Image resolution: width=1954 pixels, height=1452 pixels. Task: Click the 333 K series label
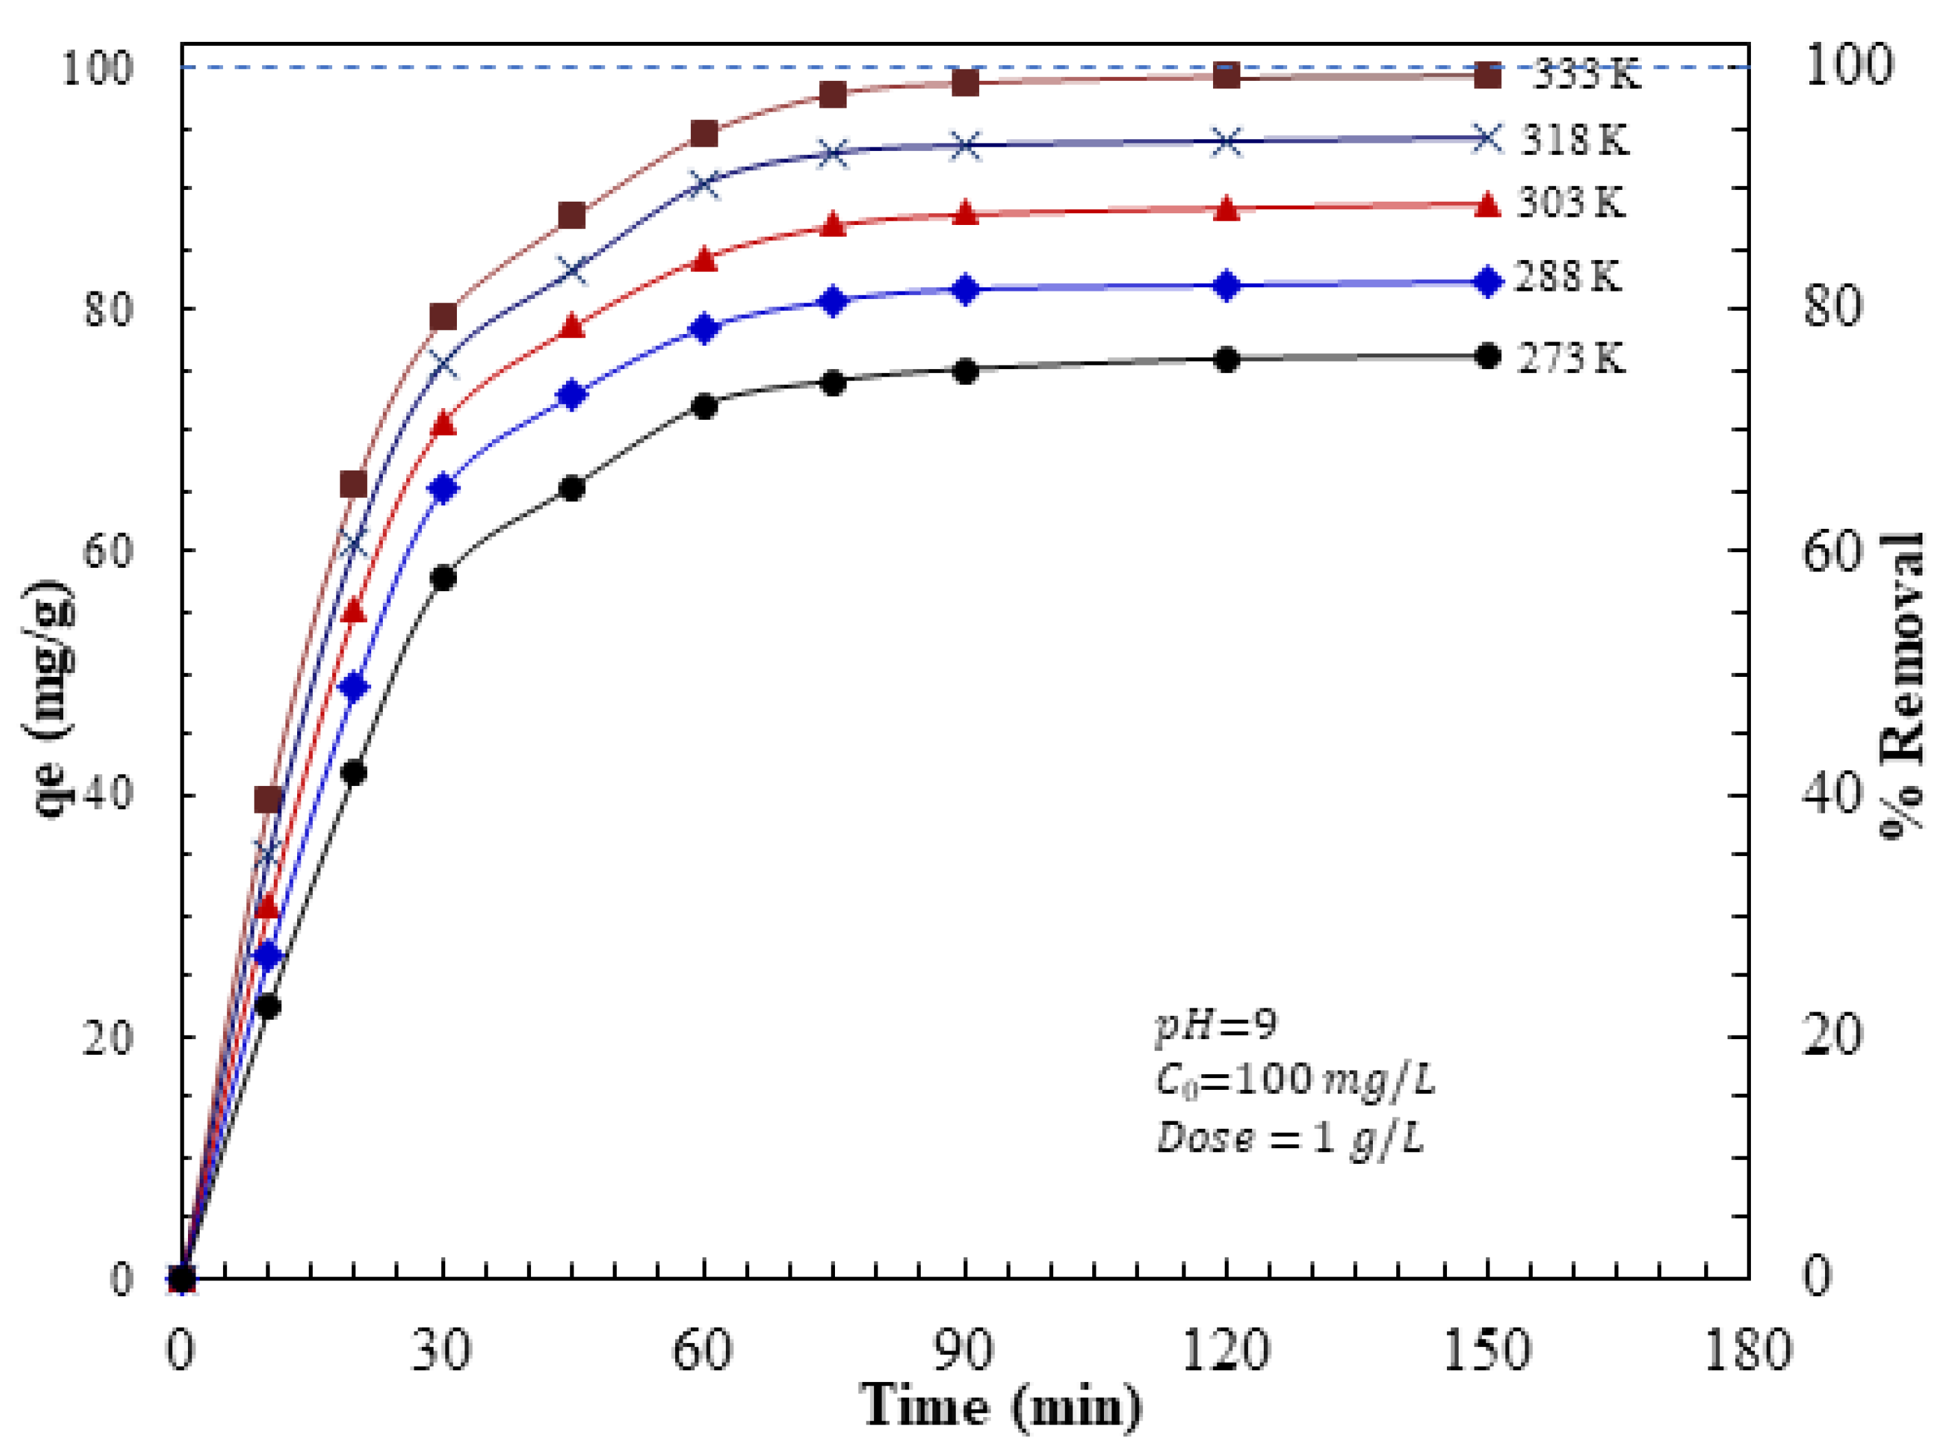point(1586,75)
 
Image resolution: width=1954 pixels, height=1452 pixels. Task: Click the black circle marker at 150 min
point(1486,356)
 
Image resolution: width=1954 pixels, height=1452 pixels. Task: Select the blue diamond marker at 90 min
point(965,289)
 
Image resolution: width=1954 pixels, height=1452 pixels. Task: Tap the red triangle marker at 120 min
point(1226,209)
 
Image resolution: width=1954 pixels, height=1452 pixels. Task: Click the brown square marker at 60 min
point(704,134)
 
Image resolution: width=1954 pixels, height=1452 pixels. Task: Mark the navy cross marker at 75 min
point(834,154)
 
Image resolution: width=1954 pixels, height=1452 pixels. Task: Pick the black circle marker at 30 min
point(444,578)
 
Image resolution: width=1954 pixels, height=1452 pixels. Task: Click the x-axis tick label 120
point(1225,1349)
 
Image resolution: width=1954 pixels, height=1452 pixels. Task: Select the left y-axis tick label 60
point(106,551)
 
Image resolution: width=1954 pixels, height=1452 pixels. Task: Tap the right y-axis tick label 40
point(1832,793)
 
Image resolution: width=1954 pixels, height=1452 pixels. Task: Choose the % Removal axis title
point(1903,686)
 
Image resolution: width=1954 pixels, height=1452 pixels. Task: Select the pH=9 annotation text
point(1216,1025)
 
